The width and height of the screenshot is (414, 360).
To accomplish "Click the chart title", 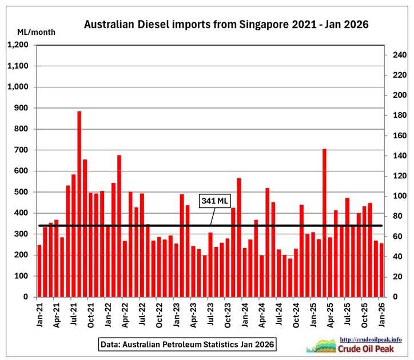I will pyautogui.click(x=226, y=25).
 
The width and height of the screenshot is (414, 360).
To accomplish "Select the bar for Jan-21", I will pyautogui.click(x=39, y=271).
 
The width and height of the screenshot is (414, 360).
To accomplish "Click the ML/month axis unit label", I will pyautogui.click(x=37, y=32).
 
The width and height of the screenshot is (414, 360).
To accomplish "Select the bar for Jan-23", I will pyautogui.click(x=182, y=246).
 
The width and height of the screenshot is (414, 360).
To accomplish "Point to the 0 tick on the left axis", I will pyautogui.click(x=26, y=297).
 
